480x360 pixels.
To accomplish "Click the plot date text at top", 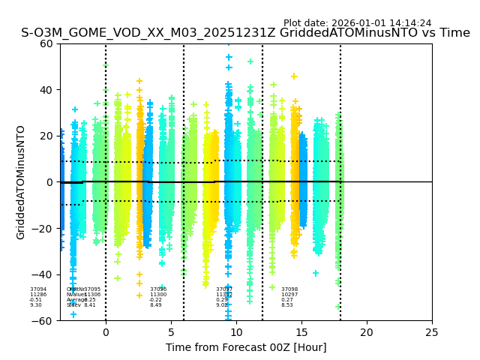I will point(357,23).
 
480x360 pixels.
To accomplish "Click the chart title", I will point(245,33).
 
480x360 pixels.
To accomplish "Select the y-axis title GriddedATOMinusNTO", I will point(21,182).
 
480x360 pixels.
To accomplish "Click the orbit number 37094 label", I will point(38,289).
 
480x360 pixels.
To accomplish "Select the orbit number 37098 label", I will point(289,289).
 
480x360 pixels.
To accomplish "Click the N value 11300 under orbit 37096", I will point(158,295).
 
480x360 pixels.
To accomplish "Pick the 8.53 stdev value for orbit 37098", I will point(287,305).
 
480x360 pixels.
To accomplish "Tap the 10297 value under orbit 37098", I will point(289,295).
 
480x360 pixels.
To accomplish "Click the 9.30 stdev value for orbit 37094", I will point(36,305).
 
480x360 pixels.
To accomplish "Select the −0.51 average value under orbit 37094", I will point(36,300).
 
